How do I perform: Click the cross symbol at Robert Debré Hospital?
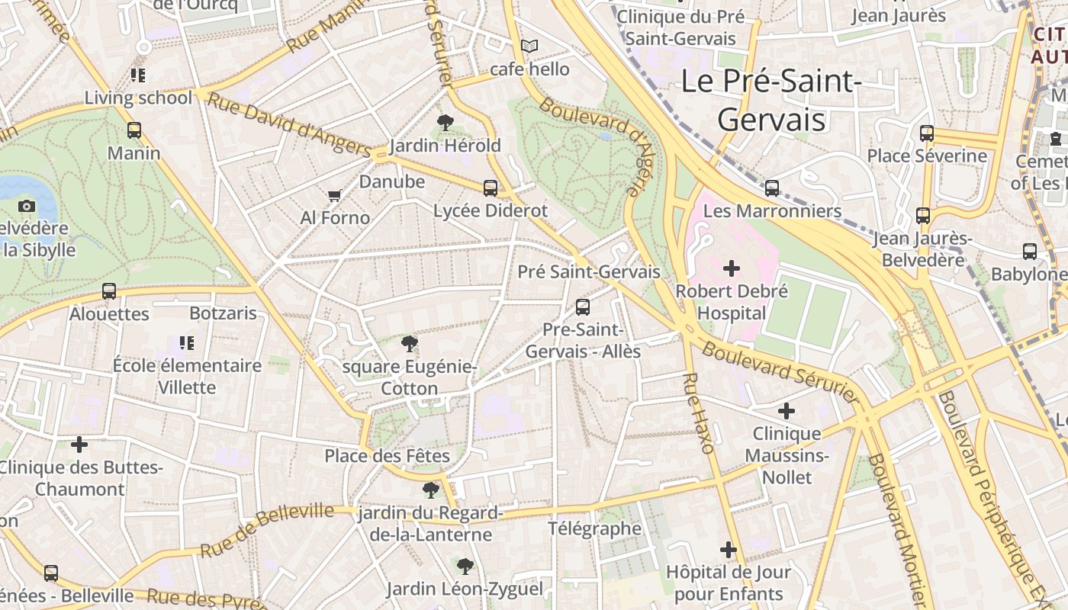pyautogui.click(x=732, y=268)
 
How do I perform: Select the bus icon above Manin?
pyautogui.click(x=134, y=130)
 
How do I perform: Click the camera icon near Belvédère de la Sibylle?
pyautogui.click(x=27, y=206)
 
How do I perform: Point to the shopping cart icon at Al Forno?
pyautogui.click(x=334, y=196)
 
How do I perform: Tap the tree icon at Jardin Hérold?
pyautogui.click(x=445, y=122)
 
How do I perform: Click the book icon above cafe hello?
pyautogui.click(x=529, y=47)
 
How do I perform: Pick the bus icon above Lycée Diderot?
pyautogui.click(x=491, y=188)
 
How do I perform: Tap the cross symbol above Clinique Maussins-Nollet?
pyautogui.click(x=787, y=411)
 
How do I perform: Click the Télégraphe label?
pyautogui.click(x=595, y=528)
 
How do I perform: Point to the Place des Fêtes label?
pyautogui.click(x=387, y=456)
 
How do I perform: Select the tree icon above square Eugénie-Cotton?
pyautogui.click(x=410, y=344)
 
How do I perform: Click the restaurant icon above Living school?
pyautogui.click(x=138, y=75)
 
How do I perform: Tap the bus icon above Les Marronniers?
pyautogui.click(x=772, y=188)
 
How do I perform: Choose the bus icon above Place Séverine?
pyautogui.click(x=927, y=133)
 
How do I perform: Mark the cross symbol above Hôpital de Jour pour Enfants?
pyautogui.click(x=729, y=549)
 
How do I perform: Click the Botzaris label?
pyautogui.click(x=223, y=313)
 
